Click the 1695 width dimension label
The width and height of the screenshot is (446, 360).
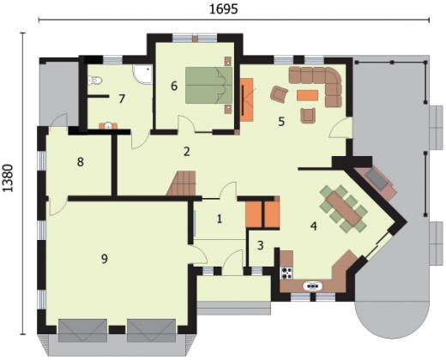coord(224,9)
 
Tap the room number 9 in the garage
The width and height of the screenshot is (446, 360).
coord(105,259)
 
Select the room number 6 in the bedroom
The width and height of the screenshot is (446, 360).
coord(174,86)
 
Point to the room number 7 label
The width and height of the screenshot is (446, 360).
coord(122,99)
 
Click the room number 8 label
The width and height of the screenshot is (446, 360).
coord(81,162)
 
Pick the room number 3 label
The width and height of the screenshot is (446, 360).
coord(260,245)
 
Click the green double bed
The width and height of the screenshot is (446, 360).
coord(208,85)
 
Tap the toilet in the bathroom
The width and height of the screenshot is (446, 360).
coord(94,80)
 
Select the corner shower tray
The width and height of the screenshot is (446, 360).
coord(142,75)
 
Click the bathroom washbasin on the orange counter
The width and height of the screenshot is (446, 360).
coord(108,126)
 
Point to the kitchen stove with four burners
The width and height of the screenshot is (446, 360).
coord(286,273)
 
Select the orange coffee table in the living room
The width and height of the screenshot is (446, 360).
coord(308,95)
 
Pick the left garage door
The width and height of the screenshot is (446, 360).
coord(82,331)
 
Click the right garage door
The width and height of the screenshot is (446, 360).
coord(152,331)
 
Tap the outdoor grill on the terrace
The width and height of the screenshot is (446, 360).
coord(377,178)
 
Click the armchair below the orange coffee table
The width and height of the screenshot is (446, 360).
coord(308,115)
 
